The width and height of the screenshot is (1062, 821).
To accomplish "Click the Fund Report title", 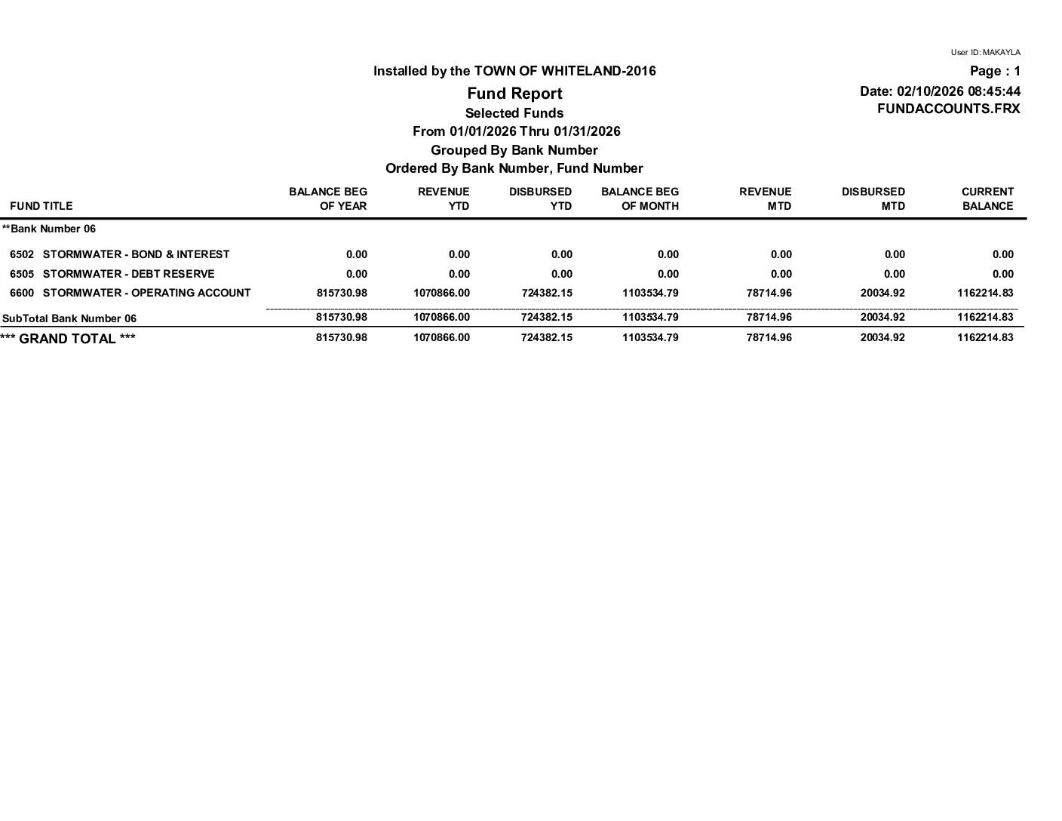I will pyautogui.click(x=514, y=94).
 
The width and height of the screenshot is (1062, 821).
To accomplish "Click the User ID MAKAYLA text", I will pyautogui.click(x=985, y=53).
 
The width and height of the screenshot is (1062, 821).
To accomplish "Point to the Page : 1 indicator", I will pyautogui.click(x=995, y=72).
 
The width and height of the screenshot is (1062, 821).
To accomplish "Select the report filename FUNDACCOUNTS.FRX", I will pyautogui.click(x=948, y=109).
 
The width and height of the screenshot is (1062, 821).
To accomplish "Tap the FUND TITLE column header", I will pyautogui.click(x=41, y=206).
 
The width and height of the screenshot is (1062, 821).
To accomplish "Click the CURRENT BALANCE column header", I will pyautogui.click(x=987, y=199).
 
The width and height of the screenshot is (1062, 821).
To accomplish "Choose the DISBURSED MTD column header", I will pyautogui.click(x=873, y=199).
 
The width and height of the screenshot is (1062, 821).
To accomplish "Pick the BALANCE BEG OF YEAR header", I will pyautogui.click(x=328, y=199).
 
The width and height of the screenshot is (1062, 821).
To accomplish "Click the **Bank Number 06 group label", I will pyautogui.click(x=49, y=229).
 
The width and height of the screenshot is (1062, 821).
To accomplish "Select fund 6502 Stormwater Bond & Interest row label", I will pyautogui.click(x=120, y=254).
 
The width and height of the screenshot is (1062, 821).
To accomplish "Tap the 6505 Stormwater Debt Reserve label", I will pyautogui.click(x=112, y=274).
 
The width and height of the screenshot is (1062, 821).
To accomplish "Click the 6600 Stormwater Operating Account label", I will pyautogui.click(x=130, y=293).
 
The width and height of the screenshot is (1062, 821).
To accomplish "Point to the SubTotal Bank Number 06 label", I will pyautogui.click(x=69, y=318).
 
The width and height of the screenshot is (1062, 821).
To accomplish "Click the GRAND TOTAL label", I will pyautogui.click(x=68, y=339).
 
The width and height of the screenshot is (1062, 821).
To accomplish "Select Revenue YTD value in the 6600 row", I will pyautogui.click(x=441, y=293).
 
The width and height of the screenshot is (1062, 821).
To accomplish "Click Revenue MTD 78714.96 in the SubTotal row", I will pyautogui.click(x=769, y=318).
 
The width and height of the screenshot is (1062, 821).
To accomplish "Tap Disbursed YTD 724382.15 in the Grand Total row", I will pyautogui.click(x=546, y=337).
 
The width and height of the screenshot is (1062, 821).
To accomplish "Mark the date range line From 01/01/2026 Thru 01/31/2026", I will pyautogui.click(x=516, y=131).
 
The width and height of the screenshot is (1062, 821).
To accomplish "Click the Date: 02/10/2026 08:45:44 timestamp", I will pyautogui.click(x=940, y=91).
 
